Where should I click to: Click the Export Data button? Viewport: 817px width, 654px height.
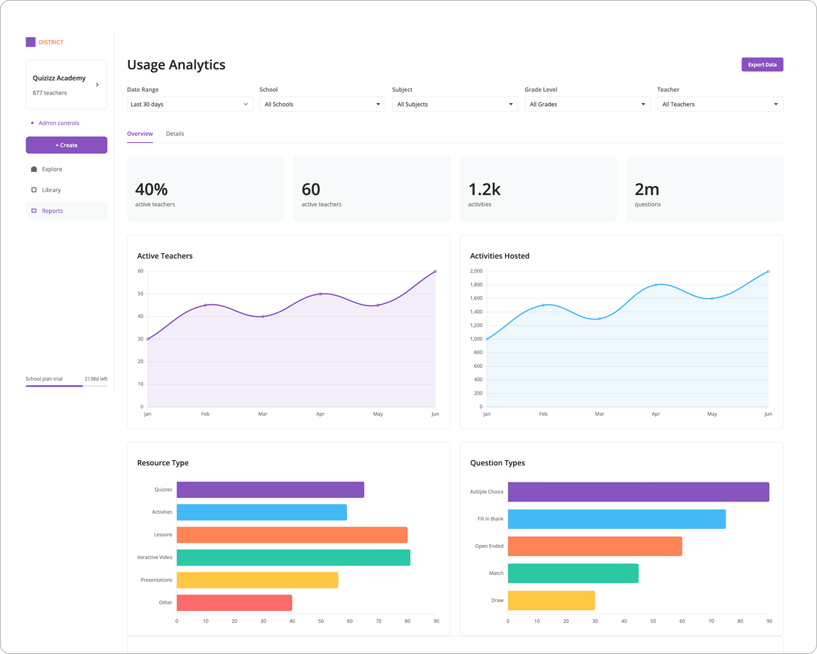click(762, 65)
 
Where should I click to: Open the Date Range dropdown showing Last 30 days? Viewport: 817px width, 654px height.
click(189, 104)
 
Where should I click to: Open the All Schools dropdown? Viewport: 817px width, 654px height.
click(322, 104)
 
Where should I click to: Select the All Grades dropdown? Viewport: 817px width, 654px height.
click(587, 104)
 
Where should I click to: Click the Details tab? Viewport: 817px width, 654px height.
click(175, 134)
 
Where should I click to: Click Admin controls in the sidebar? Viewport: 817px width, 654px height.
click(59, 123)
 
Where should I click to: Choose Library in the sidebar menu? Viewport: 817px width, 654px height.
click(51, 190)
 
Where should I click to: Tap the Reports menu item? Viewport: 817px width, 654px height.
click(52, 211)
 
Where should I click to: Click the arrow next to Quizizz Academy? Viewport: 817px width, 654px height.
click(97, 85)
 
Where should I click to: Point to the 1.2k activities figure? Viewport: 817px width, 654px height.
click(484, 189)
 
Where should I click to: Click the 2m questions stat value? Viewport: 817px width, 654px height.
click(646, 189)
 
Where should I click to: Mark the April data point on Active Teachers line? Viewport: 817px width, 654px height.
click(320, 294)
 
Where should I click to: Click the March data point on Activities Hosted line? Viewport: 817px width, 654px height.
click(599, 319)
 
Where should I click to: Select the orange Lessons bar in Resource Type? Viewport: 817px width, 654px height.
click(292, 535)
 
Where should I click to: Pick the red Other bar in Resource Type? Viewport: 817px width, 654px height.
click(234, 603)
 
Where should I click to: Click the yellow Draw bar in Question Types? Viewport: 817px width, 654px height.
click(551, 600)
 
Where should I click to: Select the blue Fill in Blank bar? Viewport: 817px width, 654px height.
click(617, 519)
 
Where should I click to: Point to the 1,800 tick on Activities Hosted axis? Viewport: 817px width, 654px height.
click(476, 285)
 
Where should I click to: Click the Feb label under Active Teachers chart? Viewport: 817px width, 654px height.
click(205, 414)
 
